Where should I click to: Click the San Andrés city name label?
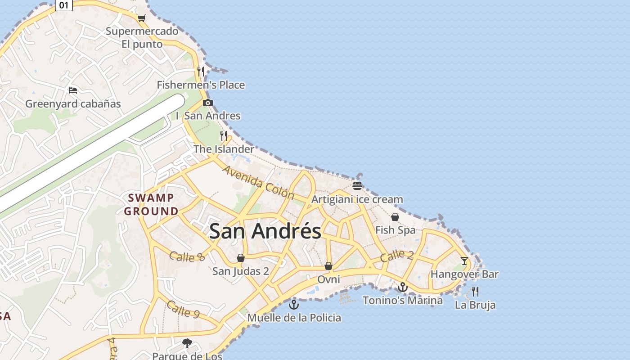coord(265,231)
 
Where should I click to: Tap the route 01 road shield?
coord(64,5)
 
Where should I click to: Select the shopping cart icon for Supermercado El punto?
coord(142,18)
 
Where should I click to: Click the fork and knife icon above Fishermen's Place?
coord(201,71)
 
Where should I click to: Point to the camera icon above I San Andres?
coord(207,103)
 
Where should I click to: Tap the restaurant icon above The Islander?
coord(224,135)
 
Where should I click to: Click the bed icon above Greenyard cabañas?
coord(73,90)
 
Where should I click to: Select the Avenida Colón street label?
coord(258,182)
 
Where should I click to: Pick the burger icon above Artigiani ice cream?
coord(357,186)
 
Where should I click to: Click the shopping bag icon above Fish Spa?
coord(395,217)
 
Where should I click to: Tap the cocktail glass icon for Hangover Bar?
coord(464,261)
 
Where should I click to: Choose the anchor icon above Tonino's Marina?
coord(403,287)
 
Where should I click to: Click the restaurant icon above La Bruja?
coord(475,291)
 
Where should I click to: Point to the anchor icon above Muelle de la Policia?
coord(294,305)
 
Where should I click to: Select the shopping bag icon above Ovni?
coord(328,266)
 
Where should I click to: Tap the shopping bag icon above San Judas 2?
coord(241,258)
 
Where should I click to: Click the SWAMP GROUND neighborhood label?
coord(151,204)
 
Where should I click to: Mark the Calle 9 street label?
coord(183,309)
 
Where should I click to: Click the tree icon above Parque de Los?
coord(187,343)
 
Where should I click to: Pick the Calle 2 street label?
coord(396,256)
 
